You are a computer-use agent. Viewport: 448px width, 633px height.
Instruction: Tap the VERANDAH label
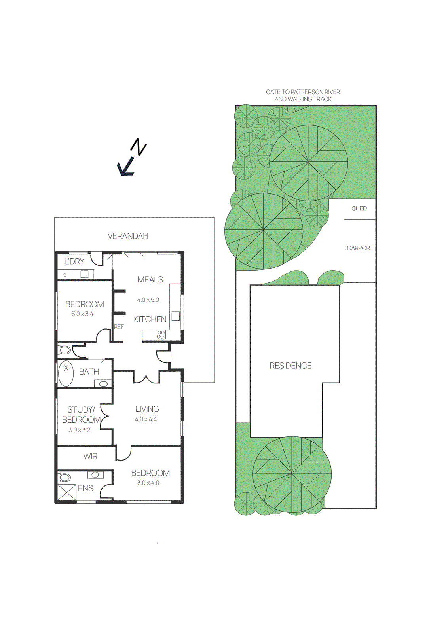point(128,236)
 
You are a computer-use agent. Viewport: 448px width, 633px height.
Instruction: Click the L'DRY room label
point(74,262)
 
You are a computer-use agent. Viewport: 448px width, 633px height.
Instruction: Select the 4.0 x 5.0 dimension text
point(148,300)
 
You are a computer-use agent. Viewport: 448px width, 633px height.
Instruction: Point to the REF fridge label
point(119,327)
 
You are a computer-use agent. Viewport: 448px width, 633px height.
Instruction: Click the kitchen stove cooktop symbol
point(160,335)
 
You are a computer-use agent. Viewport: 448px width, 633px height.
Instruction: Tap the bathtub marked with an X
point(66,373)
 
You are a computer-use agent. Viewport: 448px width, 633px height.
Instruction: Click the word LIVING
point(147,409)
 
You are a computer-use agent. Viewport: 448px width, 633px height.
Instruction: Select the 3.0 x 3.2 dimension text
point(80,430)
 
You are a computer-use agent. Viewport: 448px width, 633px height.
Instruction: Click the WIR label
point(90,456)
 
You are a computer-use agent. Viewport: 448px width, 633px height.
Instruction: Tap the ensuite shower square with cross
point(67,493)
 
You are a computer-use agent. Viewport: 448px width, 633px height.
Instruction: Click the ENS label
point(85,488)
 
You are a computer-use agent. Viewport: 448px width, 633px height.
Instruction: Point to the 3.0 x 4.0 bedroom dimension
point(148,483)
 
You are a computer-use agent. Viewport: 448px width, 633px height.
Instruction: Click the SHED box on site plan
point(359,208)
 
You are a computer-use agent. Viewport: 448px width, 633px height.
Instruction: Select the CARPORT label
point(360,248)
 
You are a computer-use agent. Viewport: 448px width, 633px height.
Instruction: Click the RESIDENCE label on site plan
point(290,366)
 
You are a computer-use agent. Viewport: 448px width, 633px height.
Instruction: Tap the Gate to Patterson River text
point(303,95)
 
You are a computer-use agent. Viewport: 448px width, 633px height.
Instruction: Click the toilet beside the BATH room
point(65,350)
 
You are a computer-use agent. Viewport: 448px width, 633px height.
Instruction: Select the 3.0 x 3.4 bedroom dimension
point(82,314)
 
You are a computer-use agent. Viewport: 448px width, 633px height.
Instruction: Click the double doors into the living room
point(146,378)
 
